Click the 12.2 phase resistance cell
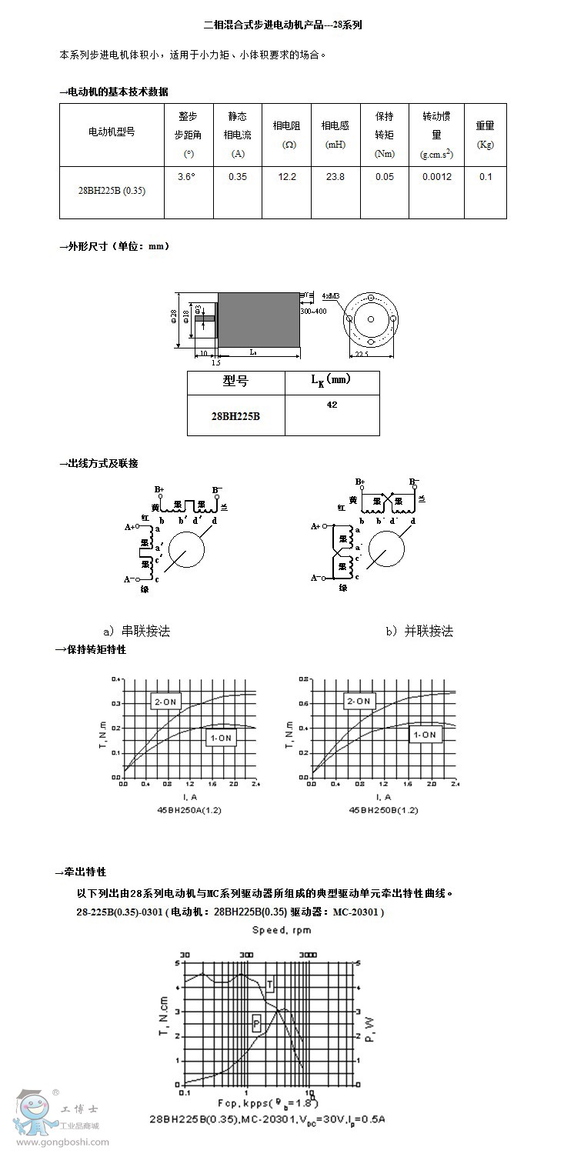pyautogui.click(x=287, y=177)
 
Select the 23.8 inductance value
pyautogui.click(x=335, y=177)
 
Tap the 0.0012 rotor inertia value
pyautogui.click(x=436, y=177)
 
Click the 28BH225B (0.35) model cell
pyautogui.click(x=112, y=191)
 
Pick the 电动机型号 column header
pyautogui.click(x=112, y=132)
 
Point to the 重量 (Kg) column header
pyautogui.click(x=485, y=135)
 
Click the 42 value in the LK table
pyautogui.click(x=332, y=405)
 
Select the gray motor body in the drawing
pyautogui.click(x=259, y=318)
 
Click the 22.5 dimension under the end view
pyautogui.click(x=362, y=355)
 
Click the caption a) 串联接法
pyautogui.click(x=136, y=632)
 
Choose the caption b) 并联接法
pyautogui.click(x=419, y=632)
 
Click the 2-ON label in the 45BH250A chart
pyautogui.click(x=164, y=701)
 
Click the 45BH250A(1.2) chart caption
pyautogui.click(x=189, y=810)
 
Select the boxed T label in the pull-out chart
pyautogui.click(x=270, y=985)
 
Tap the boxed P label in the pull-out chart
pyautogui.click(x=256, y=1022)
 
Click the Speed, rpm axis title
pyautogui.click(x=281, y=930)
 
